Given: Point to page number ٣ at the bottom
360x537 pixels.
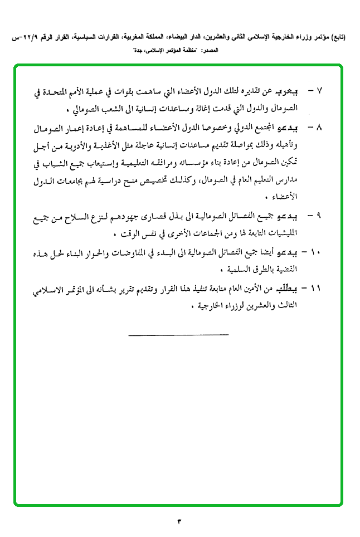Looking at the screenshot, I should point(180,521).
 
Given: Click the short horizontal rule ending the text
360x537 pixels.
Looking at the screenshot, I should point(178,335).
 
